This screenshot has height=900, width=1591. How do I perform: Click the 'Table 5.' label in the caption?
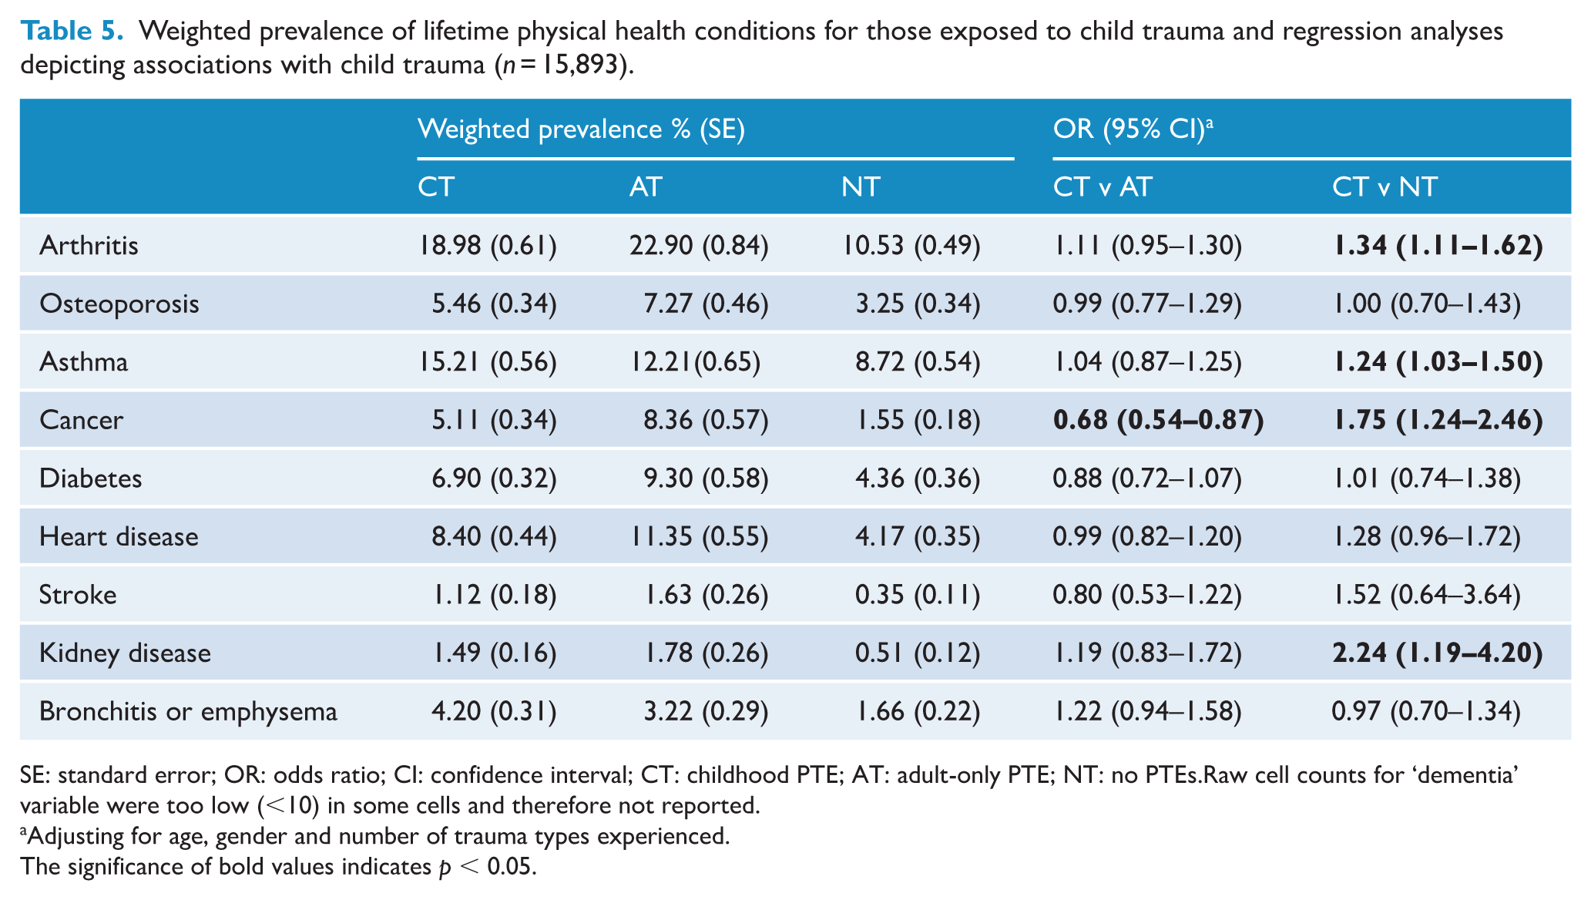72,31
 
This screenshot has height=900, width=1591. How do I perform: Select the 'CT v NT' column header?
1385,187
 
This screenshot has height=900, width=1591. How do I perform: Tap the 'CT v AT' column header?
1103,187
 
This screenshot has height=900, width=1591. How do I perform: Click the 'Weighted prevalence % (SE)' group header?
581,129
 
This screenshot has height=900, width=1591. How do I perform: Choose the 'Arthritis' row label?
89,246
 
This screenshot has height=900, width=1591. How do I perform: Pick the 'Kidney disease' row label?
125,653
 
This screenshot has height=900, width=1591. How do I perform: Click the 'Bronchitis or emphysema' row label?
188,711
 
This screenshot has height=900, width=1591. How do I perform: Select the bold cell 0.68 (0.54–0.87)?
1159,420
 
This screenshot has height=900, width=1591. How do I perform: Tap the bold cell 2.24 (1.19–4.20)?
1438,653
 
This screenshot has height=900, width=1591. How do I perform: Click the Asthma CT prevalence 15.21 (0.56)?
488,362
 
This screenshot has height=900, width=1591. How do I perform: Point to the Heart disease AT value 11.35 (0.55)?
699,537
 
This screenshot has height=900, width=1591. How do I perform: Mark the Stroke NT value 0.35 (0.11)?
918,595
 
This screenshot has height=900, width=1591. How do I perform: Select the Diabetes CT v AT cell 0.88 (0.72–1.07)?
1147,479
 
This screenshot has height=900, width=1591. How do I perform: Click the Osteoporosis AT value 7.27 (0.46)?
706,304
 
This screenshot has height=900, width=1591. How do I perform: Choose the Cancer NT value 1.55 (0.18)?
918,420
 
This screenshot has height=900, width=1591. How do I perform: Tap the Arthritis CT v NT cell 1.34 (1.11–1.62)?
1438,246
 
